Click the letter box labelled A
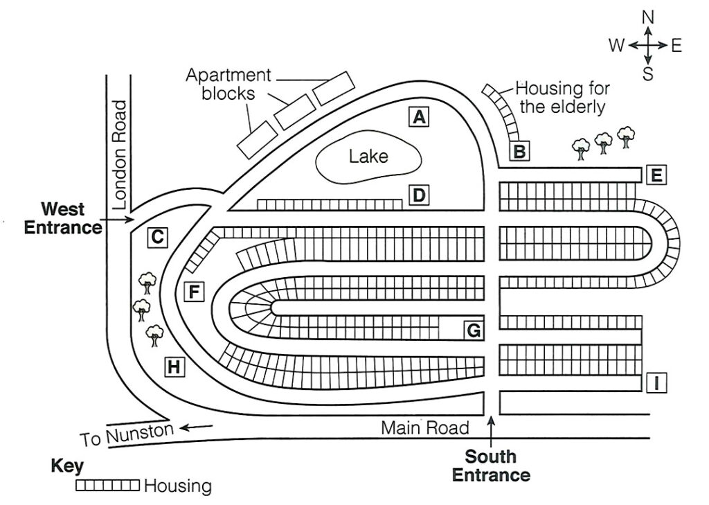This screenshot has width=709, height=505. tap(418, 117)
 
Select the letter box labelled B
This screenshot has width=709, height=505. tap(520, 150)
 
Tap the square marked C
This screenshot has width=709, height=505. tap(158, 238)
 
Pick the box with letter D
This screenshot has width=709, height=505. tap(418, 196)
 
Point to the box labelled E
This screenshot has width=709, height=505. tap(656, 175)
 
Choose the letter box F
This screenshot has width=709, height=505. tap(195, 292)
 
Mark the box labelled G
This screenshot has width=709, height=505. tap(474, 331)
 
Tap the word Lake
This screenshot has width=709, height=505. tap(368, 156)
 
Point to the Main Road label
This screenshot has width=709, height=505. tap(425, 427)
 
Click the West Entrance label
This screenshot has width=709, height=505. tap(63, 218)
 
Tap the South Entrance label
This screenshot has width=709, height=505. tap(491, 466)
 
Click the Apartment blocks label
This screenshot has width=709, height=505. tap(228, 84)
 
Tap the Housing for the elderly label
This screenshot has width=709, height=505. tap(562, 98)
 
